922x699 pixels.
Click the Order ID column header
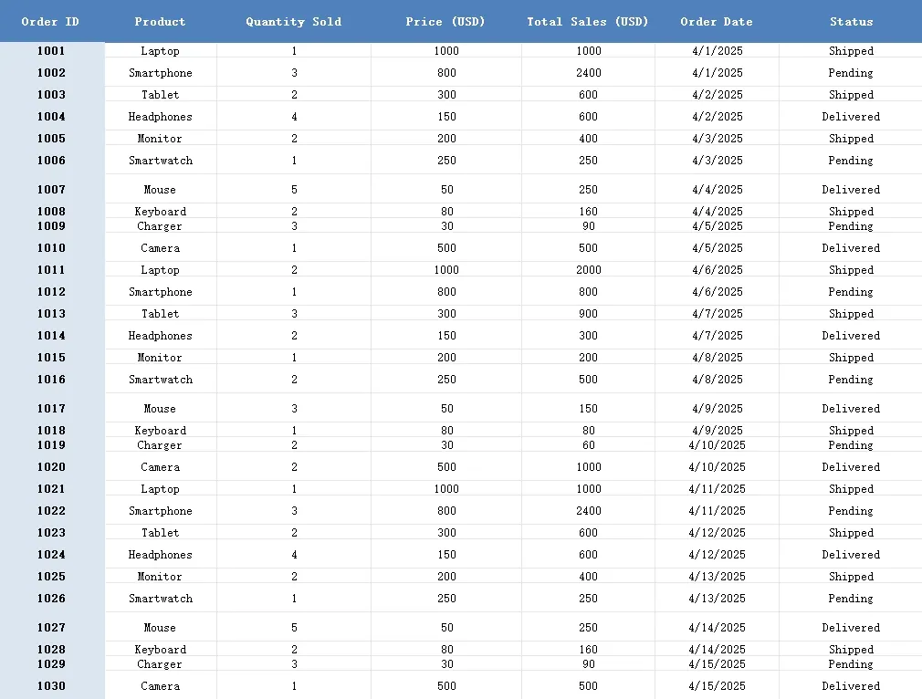coord(50,21)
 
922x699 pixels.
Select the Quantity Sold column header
coord(293,21)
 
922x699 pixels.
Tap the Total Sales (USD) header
coord(588,21)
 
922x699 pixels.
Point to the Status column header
coord(851,21)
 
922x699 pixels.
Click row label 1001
coord(51,51)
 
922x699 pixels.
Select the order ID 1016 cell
coord(51,380)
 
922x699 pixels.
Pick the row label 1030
coord(51,686)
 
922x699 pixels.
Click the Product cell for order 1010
coord(161,248)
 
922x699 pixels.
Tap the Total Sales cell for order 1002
coord(589,73)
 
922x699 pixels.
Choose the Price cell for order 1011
coord(446,270)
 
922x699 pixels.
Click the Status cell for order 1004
coord(851,117)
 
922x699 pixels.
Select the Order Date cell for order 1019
coord(717,445)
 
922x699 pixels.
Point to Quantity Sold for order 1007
coord(294,190)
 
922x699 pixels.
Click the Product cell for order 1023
coord(161,533)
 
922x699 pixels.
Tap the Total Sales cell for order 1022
coord(589,511)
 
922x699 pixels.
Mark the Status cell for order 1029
coord(851,664)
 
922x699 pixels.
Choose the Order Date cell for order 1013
coord(717,314)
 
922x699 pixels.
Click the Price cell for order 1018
coord(446,431)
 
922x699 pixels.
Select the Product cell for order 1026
coord(161,599)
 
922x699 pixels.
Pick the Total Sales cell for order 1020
coord(589,467)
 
